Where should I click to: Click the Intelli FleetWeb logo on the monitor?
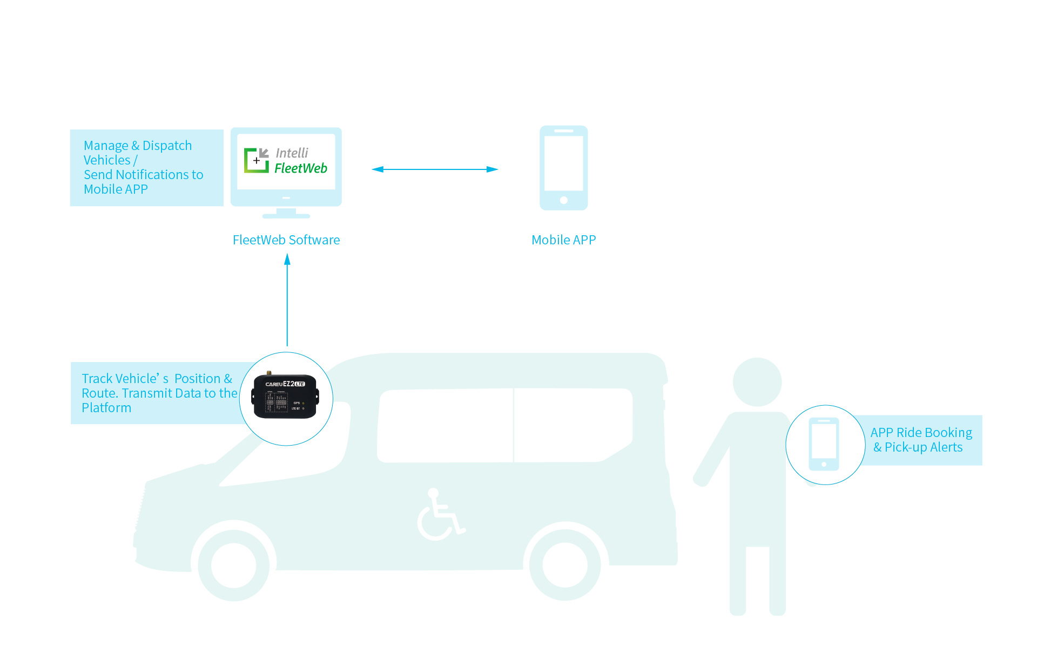coord(286,161)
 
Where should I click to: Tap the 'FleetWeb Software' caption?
coord(286,240)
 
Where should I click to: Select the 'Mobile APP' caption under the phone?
coord(563,240)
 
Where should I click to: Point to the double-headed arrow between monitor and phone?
coord(435,169)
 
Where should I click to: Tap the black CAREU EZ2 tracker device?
coord(285,397)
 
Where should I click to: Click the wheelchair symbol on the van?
coord(440,515)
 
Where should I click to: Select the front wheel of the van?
coord(234,565)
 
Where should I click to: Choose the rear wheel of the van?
coord(565,565)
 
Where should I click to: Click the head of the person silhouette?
coord(757,382)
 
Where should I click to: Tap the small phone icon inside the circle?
coord(824,444)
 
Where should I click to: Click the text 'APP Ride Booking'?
coord(921,433)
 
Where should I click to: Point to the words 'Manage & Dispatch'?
coord(138,146)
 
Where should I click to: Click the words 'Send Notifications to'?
coord(143,175)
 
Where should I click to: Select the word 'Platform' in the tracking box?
coord(106,408)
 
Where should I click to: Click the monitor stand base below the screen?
coord(286,215)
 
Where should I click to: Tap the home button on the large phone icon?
coord(563,200)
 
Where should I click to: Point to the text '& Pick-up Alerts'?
coord(918,447)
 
